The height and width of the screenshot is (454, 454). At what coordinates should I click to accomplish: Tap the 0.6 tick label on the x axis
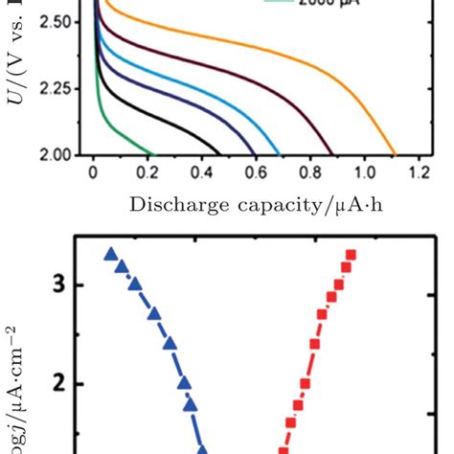[256, 175]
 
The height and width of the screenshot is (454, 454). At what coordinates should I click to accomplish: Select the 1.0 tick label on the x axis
[364, 175]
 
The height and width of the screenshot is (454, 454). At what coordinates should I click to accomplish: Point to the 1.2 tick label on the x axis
[418, 175]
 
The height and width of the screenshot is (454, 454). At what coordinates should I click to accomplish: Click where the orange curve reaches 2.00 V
[395, 154]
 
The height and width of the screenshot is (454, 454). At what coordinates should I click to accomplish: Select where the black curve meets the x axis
[220, 154]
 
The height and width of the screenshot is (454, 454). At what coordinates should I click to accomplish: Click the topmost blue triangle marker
[110, 254]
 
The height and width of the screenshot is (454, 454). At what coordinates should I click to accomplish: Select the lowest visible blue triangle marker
[203, 448]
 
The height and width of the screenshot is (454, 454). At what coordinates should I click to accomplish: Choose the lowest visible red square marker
[284, 449]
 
